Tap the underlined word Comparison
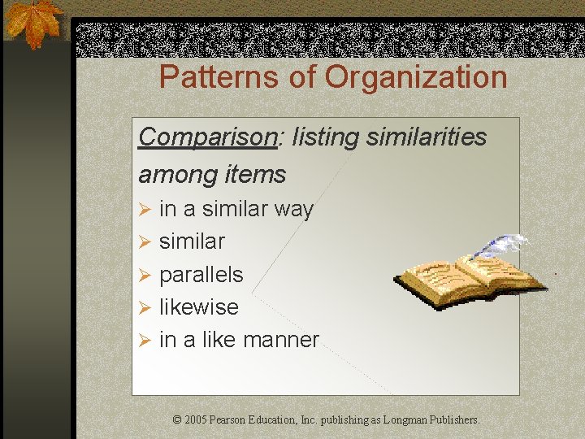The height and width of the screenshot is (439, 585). pos(207,137)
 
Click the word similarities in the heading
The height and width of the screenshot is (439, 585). pos(427,137)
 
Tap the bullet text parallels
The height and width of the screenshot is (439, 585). pos(201,275)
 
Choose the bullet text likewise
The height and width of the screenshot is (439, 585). pos(199,307)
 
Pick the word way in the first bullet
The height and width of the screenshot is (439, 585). pos(293,210)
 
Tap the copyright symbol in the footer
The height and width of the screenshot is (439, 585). pos(178,420)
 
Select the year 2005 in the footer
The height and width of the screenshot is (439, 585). pos(196,420)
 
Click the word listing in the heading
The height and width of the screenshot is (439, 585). pos(323,137)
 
